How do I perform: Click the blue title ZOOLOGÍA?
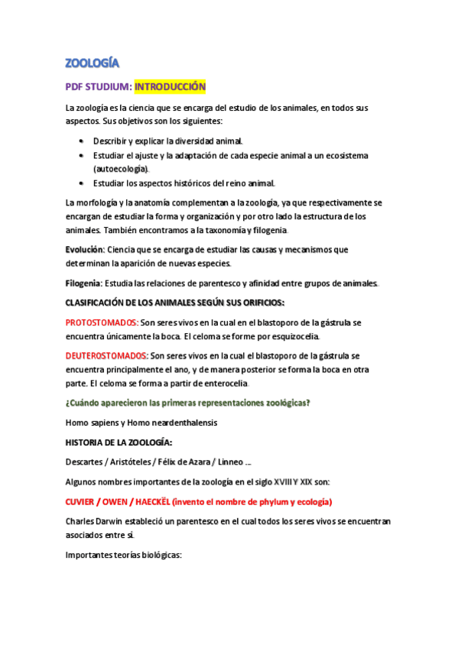(92, 63)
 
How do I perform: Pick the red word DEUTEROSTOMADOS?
(107, 355)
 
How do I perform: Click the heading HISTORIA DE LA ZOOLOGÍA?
(119, 442)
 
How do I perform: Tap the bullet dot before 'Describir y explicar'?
(82, 141)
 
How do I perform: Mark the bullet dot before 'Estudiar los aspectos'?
(82, 183)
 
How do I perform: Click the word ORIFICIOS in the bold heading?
(258, 303)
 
